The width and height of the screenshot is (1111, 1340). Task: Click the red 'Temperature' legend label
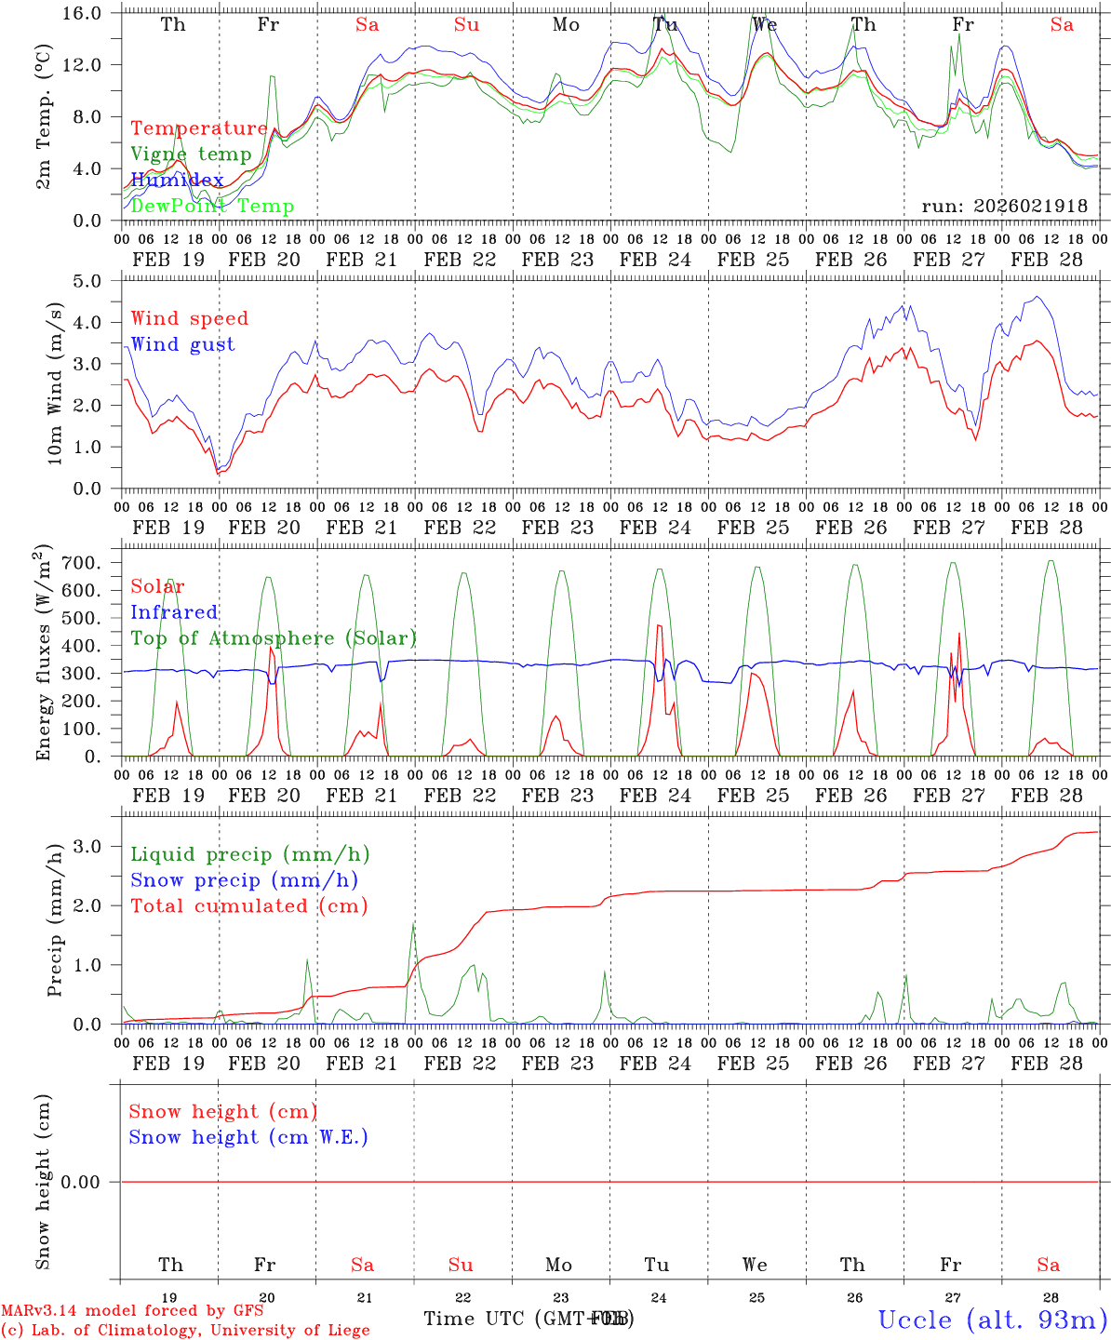coord(199,128)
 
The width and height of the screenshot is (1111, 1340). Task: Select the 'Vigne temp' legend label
coord(191,154)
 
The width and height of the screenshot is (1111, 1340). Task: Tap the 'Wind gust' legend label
coord(182,344)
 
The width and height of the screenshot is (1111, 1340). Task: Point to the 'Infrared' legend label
coord(174,612)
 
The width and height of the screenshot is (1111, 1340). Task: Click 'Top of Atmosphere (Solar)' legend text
coord(274,638)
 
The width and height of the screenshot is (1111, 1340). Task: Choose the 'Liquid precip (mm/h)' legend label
coord(250,854)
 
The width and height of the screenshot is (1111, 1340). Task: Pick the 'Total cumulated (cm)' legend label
coord(249,905)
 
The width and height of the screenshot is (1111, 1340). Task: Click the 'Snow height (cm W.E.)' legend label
coord(248,1137)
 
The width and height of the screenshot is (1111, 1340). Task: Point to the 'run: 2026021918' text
coord(1005,206)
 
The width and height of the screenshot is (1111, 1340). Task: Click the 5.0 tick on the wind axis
coord(97,281)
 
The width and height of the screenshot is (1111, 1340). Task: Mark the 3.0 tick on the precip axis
coord(97,846)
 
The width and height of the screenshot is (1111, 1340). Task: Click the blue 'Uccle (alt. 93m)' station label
coord(992,1320)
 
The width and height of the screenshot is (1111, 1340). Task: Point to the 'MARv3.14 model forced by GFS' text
coord(132,1311)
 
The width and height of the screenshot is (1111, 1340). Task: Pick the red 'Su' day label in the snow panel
coord(461,1265)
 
